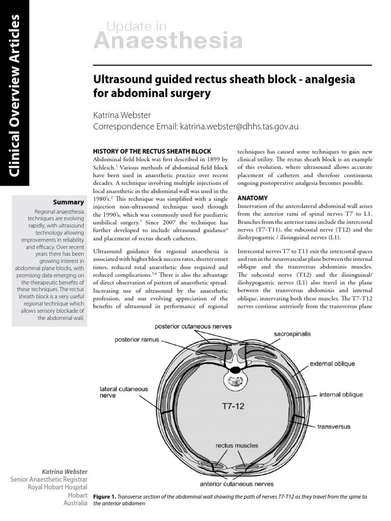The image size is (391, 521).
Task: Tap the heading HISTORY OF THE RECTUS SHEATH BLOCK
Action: tap(151, 152)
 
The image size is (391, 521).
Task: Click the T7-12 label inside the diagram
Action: tap(234, 406)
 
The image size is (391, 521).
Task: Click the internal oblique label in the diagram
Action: tap(341, 394)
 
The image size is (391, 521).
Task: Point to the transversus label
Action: tap(333, 426)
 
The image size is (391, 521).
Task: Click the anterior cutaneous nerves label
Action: tap(236, 484)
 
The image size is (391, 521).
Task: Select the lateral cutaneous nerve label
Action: tap(124, 392)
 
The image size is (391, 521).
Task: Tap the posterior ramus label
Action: tap(137, 338)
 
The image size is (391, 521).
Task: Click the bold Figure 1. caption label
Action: tap(105, 496)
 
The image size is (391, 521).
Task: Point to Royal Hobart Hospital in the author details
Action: tap(56, 487)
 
